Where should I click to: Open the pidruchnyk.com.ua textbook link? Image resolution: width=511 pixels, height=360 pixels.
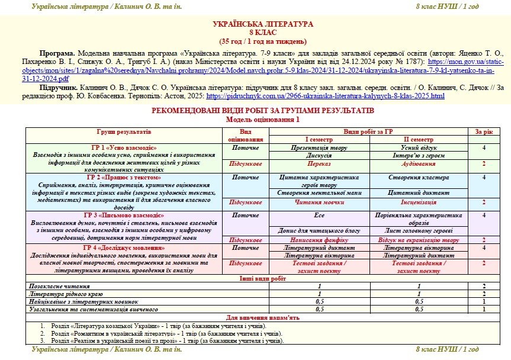click(325, 95)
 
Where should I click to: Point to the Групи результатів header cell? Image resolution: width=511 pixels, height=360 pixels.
click(124, 131)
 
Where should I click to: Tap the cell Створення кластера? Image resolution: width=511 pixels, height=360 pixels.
click(418, 177)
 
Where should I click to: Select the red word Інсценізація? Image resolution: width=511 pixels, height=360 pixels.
click(418, 202)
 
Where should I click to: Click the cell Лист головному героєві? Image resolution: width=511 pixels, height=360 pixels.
click(418, 230)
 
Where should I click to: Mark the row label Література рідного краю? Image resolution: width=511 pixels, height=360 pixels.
click(66, 293)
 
